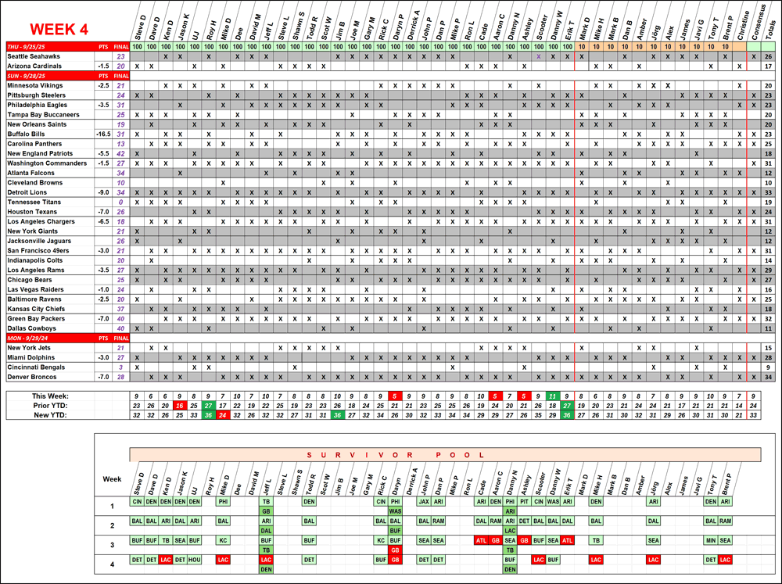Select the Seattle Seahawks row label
[x=34, y=56]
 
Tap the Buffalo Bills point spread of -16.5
[x=102, y=134]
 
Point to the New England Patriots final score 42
[x=120, y=153]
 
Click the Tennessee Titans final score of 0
[x=120, y=202]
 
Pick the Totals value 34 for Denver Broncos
[x=769, y=376]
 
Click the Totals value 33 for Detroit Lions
[x=769, y=192]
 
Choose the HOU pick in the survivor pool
[x=194, y=560]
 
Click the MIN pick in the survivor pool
[x=710, y=540]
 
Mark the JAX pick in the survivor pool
[x=424, y=500]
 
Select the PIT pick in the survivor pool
[x=525, y=500]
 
